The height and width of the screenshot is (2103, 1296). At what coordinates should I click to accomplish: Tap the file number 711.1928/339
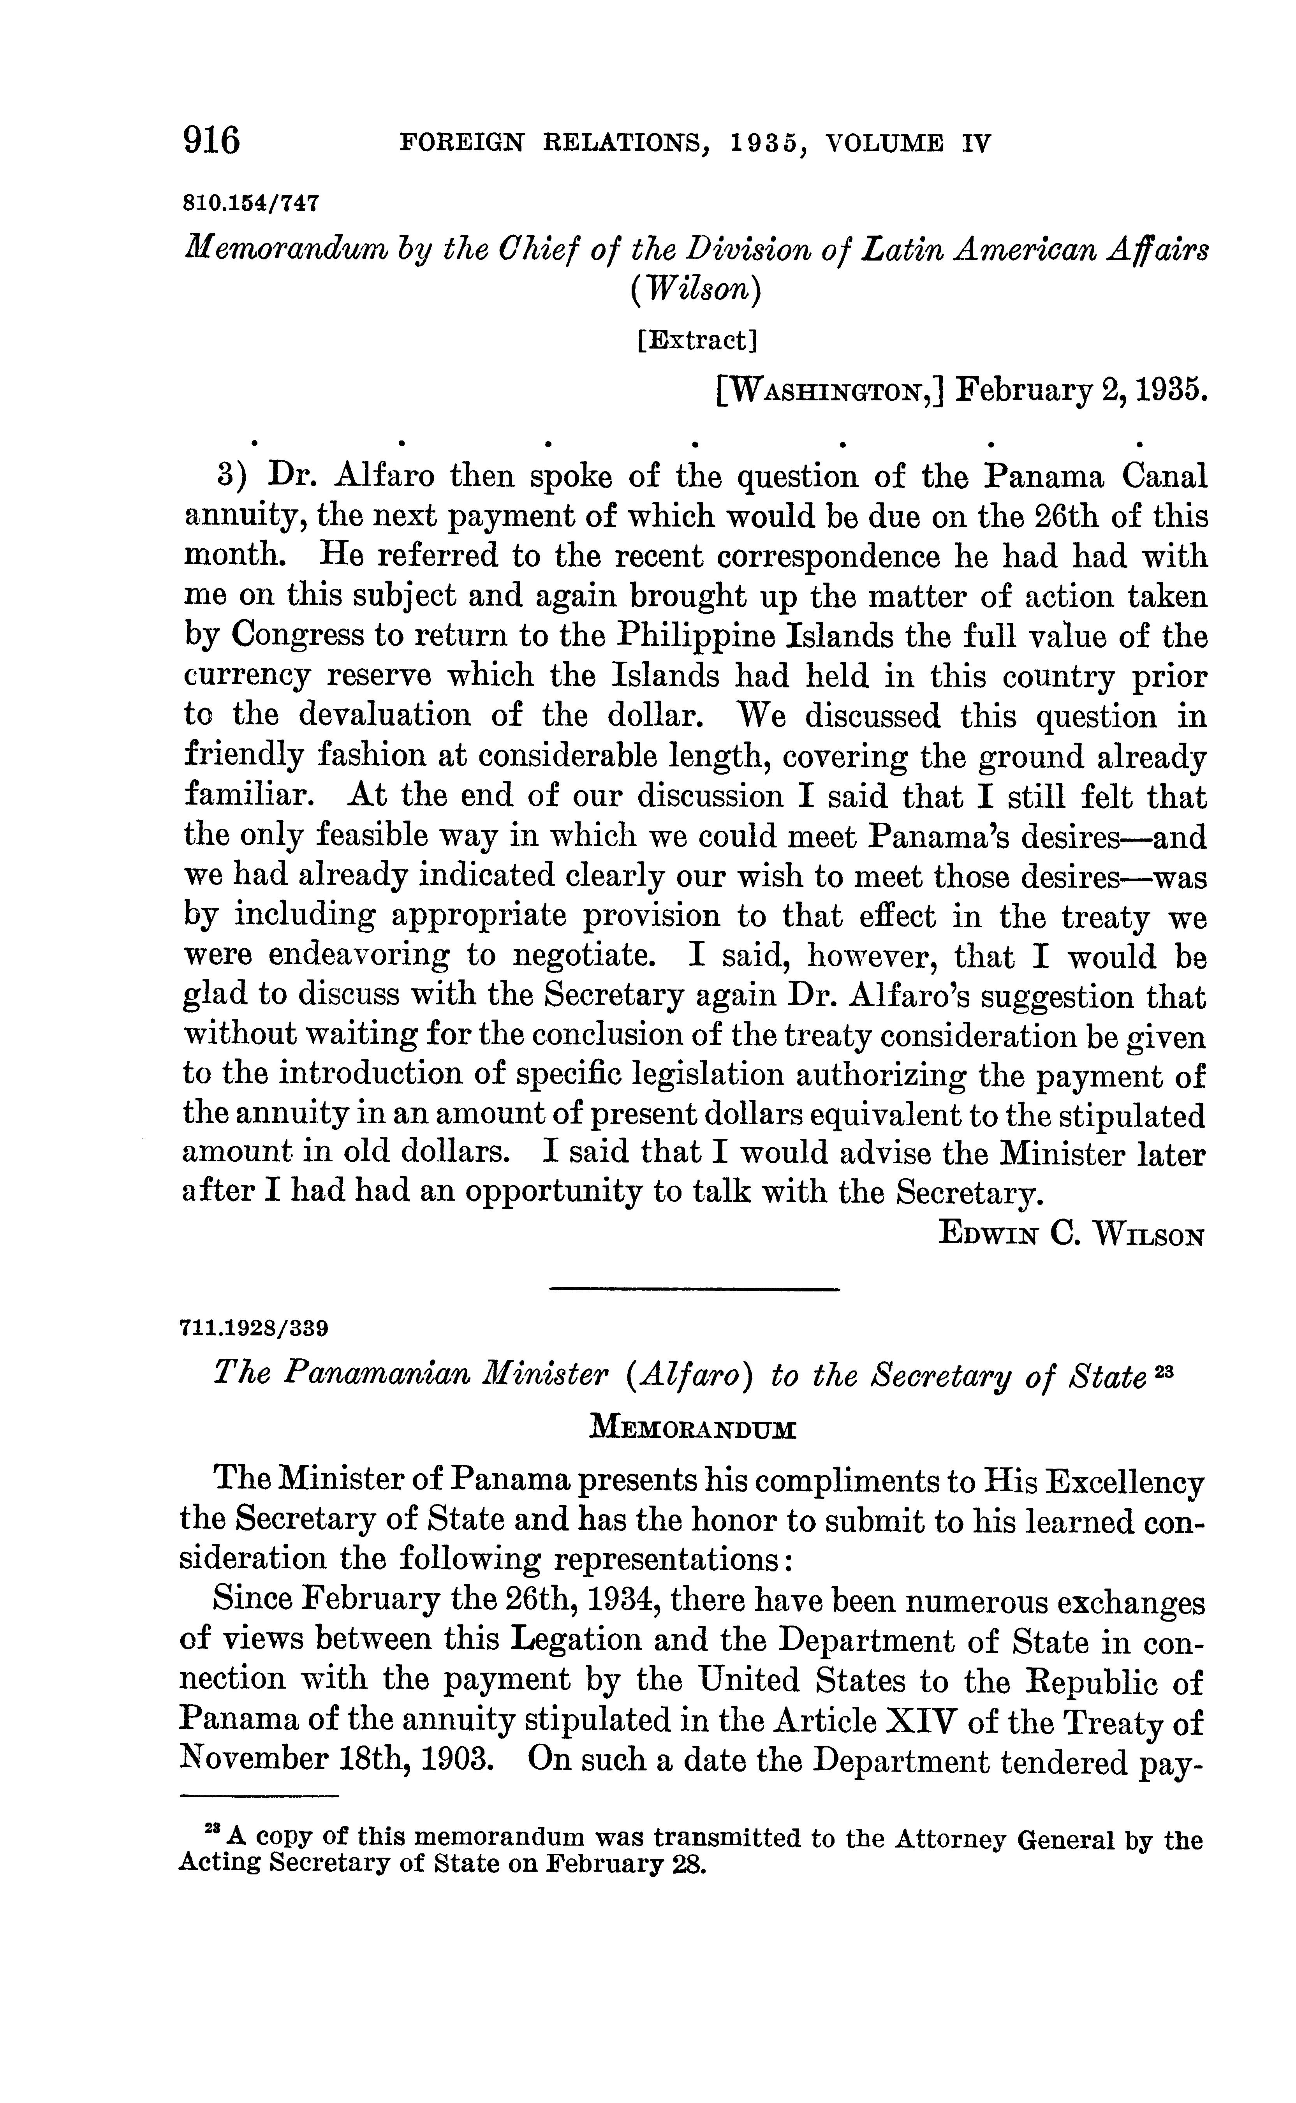[x=254, y=1329]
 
